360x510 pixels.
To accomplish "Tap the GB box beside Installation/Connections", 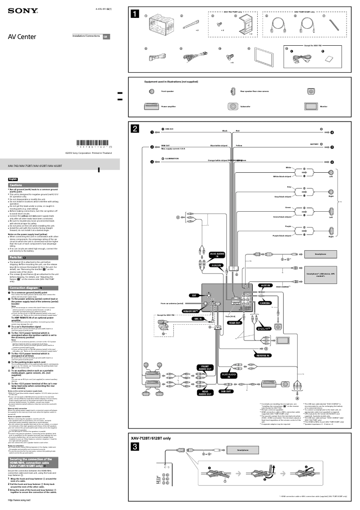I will [x=106, y=36].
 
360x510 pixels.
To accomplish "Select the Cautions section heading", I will [x=16, y=185].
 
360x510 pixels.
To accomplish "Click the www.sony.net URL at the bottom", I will [x=19, y=500].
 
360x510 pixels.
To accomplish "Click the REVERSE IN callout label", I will [x=263, y=355].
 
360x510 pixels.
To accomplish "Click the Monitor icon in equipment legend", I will [x=311, y=107].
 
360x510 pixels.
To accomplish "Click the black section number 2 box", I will [x=135, y=128].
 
